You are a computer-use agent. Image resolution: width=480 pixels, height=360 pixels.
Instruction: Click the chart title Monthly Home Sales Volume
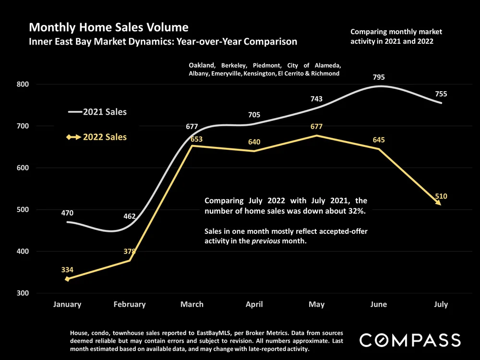(x=108, y=27)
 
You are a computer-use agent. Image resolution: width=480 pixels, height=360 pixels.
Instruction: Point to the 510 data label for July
(x=441, y=196)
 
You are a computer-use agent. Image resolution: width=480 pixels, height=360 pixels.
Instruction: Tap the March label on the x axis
(x=192, y=304)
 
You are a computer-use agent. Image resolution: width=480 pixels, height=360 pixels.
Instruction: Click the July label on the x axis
(x=441, y=304)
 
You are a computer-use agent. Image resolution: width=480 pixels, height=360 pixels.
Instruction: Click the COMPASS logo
(x=410, y=340)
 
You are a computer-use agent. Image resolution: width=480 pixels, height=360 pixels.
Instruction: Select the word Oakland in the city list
(x=202, y=65)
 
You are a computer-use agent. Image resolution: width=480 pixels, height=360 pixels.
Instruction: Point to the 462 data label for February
(x=129, y=216)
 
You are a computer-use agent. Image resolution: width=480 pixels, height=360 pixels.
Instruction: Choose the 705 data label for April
(x=254, y=115)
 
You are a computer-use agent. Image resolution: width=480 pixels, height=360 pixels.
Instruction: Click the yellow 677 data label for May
(x=316, y=127)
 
